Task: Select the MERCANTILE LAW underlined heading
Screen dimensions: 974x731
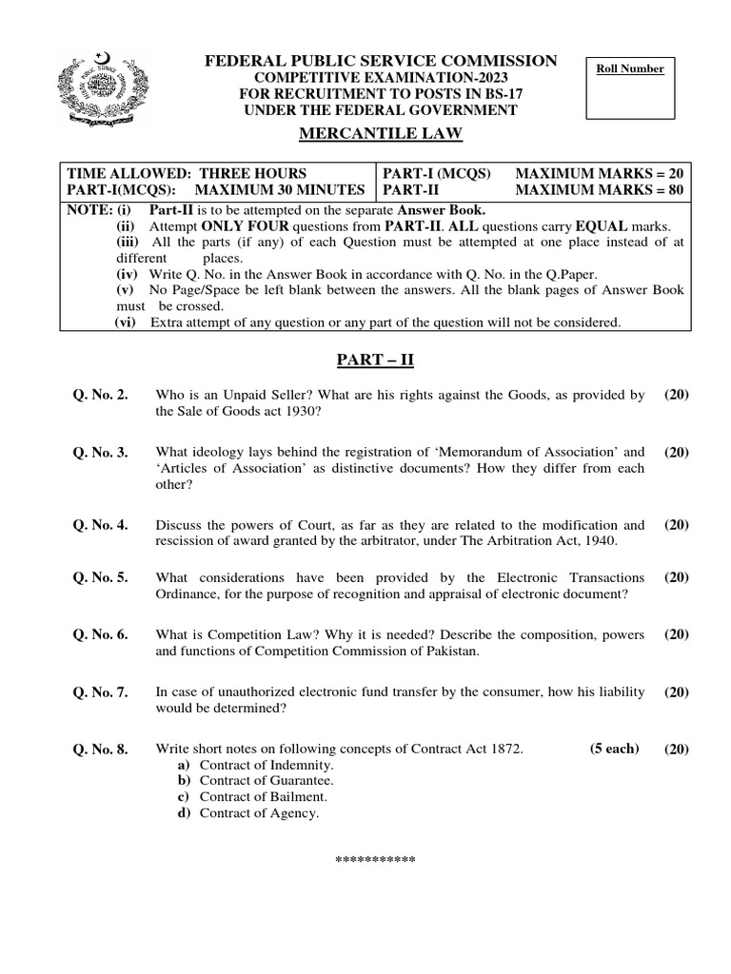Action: point(381,134)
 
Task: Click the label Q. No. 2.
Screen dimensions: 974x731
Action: point(102,395)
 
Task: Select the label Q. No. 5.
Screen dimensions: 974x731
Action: point(102,577)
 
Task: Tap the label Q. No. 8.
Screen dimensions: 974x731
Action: point(102,750)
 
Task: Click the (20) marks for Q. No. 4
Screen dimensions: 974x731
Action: point(677,524)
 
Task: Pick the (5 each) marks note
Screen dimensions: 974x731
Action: point(614,749)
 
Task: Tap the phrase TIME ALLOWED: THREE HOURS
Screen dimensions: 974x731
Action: point(187,173)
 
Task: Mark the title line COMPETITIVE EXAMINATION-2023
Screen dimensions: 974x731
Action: point(380,78)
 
